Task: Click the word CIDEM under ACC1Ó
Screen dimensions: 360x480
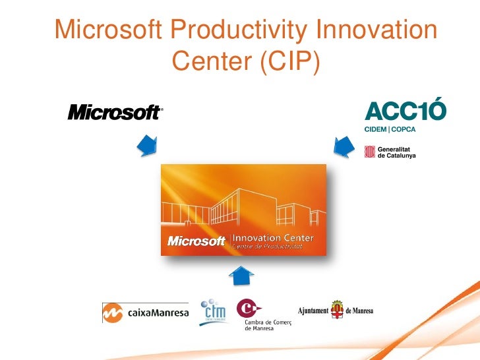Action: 377,129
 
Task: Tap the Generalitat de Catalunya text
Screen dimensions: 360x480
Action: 396,153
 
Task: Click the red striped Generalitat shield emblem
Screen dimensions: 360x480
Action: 369,153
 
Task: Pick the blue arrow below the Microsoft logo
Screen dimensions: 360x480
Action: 148,146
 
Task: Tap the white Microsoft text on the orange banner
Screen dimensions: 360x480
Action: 196,241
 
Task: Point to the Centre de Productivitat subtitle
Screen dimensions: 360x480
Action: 266,247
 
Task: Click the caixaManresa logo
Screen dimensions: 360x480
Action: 145,313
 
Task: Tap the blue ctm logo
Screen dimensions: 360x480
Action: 213,311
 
